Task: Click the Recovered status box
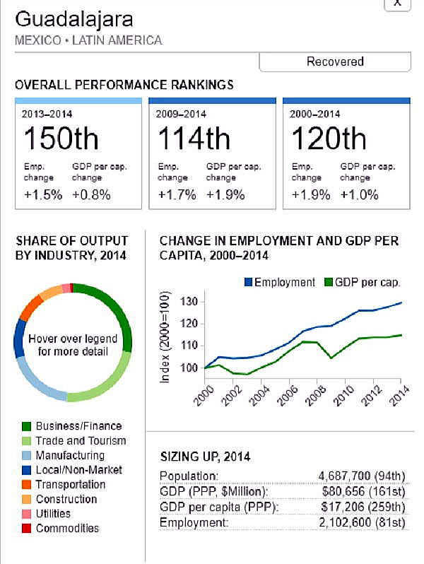coord(335,62)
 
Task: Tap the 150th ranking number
coord(61,139)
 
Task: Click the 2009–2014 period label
coord(181,114)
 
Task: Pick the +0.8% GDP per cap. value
coord(92,195)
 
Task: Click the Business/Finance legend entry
coord(78,426)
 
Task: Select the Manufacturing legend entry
coord(69,455)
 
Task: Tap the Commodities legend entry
coord(67,528)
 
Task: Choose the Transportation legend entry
coord(70,484)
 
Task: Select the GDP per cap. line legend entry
coord(365,282)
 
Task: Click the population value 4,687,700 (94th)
coord(360,476)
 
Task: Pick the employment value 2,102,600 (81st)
coord(360,522)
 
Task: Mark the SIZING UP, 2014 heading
coord(205,457)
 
